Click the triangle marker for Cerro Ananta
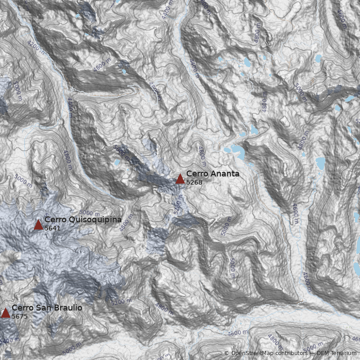pyautogui.click(x=180, y=179)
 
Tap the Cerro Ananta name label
pyautogui.click(x=212, y=174)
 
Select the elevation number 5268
pyautogui.click(x=194, y=182)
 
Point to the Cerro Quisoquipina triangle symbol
pyautogui.click(x=38, y=225)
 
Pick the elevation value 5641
pyautogui.click(x=52, y=228)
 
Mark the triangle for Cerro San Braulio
pyautogui.click(x=5, y=313)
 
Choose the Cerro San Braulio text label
pyautogui.click(x=47, y=308)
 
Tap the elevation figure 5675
pyautogui.click(x=20, y=316)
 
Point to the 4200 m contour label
pyautogui.click(x=36, y=46)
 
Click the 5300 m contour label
pyautogui.click(x=177, y=206)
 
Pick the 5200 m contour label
pyautogui.click(x=121, y=302)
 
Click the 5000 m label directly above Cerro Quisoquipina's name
pyautogui.click(x=89, y=213)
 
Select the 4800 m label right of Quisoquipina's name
pyautogui.click(x=127, y=223)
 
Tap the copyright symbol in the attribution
pyautogui.click(x=227, y=353)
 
